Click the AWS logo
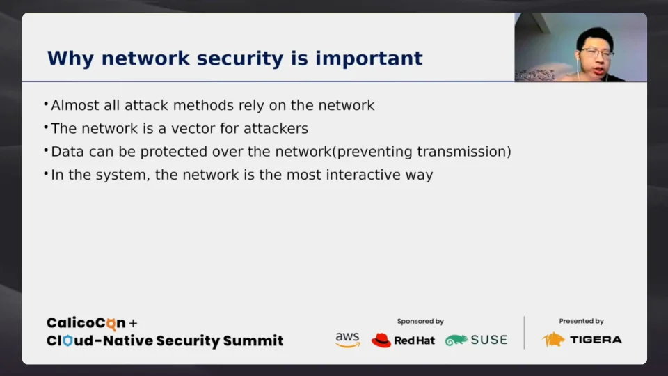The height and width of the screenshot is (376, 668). (x=347, y=340)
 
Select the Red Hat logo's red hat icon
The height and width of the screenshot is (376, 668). (x=381, y=340)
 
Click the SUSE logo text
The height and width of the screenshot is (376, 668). (x=488, y=340)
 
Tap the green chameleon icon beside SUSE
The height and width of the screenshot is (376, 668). (x=456, y=340)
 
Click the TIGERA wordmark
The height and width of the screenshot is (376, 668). (x=596, y=340)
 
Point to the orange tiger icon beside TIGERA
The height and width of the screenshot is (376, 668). (x=554, y=340)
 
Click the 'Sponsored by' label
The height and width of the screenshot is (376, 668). (x=420, y=322)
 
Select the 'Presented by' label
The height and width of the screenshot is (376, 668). (x=581, y=322)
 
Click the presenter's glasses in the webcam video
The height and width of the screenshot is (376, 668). (x=596, y=52)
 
